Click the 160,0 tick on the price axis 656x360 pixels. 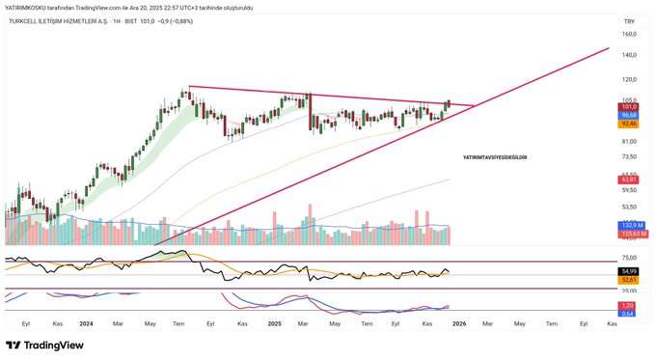coord(630,34)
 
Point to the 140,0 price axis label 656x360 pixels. coord(630,56)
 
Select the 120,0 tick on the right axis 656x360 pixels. coord(630,80)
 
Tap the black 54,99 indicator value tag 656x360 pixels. coord(628,271)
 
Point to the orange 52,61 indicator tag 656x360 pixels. coord(628,280)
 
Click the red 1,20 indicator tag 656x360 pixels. coord(627,305)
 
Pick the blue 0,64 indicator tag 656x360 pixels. coord(627,313)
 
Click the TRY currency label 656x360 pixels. coord(629,20)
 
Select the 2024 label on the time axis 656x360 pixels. coord(86,324)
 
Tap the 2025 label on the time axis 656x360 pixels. coord(273,324)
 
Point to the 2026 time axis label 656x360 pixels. coord(459,324)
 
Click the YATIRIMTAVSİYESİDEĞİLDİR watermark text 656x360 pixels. coord(495,156)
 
